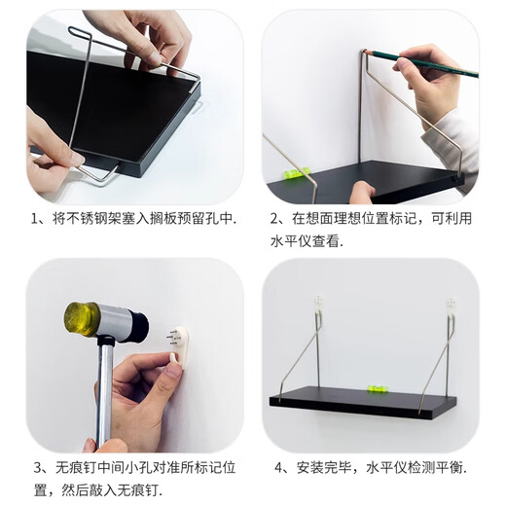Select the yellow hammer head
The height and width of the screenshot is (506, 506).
pos(84,319)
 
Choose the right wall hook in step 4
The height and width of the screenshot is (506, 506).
pos(451,308)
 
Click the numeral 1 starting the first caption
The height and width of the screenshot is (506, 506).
pos(34,220)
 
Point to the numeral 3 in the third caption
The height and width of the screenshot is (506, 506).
pos(34,468)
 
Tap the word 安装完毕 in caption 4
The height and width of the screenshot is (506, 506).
pos(327,468)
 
